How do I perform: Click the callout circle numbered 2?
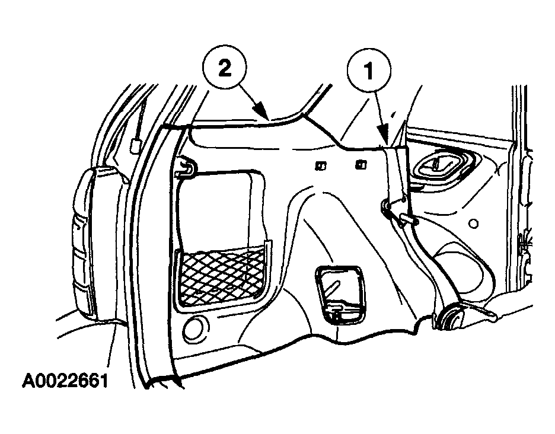pos(225,68)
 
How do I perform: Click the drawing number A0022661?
pos(65,381)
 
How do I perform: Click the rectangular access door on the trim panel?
pos(339,295)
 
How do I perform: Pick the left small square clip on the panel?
pos(321,165)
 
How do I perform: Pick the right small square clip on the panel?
pos(361,164)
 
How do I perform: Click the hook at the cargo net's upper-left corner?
pos(185,168)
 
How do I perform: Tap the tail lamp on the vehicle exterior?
pos(86,240)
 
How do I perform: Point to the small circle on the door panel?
pos(473,224)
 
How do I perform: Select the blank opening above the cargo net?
pos(216,209)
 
